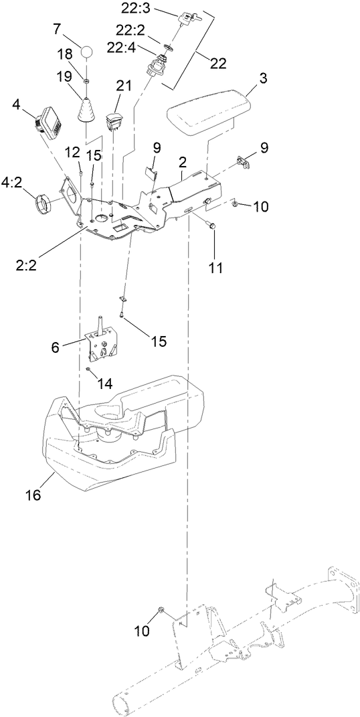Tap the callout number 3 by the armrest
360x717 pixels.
tap(263, 78)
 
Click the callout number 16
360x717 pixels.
tap(33, 495)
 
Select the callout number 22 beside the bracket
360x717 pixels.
tap(217, 63)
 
